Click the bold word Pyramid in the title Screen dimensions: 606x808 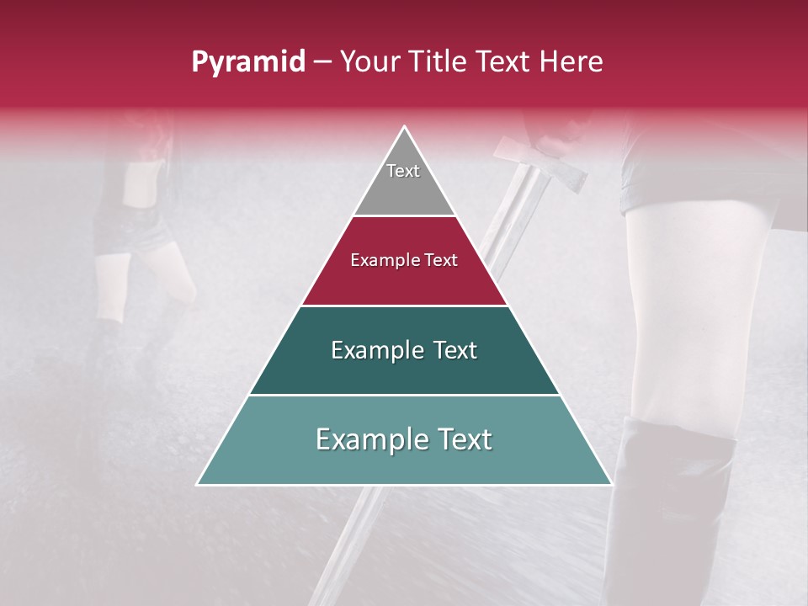click(x=247, y=62)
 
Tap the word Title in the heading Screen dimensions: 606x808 click(x=440, y=62)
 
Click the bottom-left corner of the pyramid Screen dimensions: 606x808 click(x=199, y=484)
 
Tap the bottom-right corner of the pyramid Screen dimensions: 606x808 click(x=610, y=484)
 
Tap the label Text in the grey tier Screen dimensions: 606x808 click(x=403, y=171)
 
